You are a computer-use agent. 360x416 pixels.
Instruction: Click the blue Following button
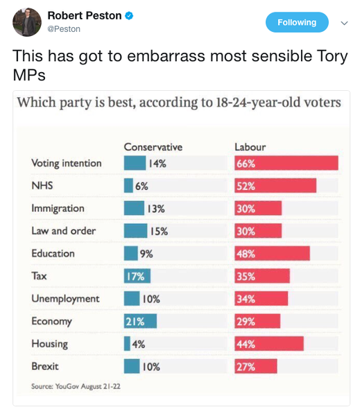(x=296, y=22)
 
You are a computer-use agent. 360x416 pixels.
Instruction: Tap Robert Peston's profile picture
(x=27, y=22)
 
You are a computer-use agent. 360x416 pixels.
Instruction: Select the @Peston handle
(x=64, y=29)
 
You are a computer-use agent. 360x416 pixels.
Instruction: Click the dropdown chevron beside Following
(x=344, y=23)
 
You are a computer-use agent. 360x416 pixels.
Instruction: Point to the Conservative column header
(x=153, y=147)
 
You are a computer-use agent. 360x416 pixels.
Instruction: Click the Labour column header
(x=250, y=147)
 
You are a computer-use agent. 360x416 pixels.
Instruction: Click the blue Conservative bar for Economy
(x=140, y=322)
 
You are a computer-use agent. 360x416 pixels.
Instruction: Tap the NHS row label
(x=42, y=186)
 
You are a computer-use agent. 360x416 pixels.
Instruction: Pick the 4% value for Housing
(x=139, y=344)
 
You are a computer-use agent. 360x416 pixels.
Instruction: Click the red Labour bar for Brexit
(x=256, y=367)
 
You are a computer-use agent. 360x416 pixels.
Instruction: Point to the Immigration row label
(x=58, y=208)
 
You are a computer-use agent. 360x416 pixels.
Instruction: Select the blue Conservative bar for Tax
(x=137, y=276)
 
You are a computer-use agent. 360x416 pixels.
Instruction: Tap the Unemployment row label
(x=65, y=299)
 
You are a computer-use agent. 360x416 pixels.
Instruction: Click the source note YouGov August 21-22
(x=76, y=385)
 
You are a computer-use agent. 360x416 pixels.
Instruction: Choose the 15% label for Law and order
(x=159, y=232)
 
